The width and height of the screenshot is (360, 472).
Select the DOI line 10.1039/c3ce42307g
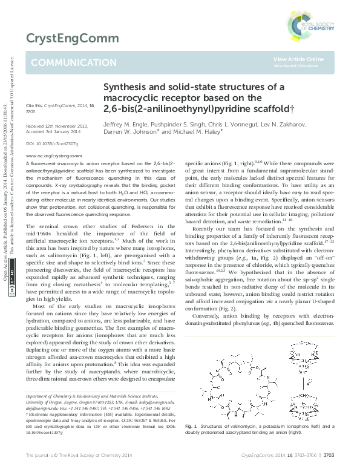[x=48, y=143]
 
